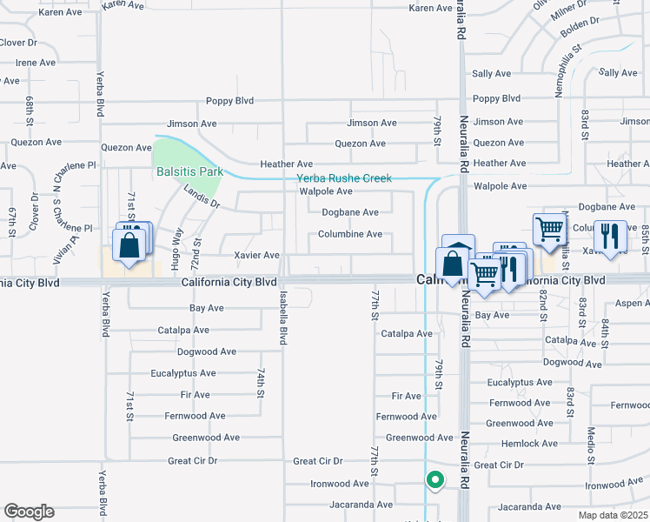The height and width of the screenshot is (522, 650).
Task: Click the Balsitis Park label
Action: click(x=189, y=171)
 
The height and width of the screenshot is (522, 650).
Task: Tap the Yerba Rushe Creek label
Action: click(x=344, y=178)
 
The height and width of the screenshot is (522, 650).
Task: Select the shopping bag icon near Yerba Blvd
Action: click(x=129, y=247)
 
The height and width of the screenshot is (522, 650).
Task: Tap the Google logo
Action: click(x=29, y=512)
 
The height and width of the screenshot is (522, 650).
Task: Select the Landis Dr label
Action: click(x=202, y=198)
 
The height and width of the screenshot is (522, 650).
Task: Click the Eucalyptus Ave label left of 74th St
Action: click(x=182, y=373)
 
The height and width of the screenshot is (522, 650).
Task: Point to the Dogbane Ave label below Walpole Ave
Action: click(x=349, y=212)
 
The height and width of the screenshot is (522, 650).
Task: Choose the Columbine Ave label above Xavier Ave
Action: click(x=349, y=234)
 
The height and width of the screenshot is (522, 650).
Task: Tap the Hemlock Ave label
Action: click(x=529, y=444)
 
